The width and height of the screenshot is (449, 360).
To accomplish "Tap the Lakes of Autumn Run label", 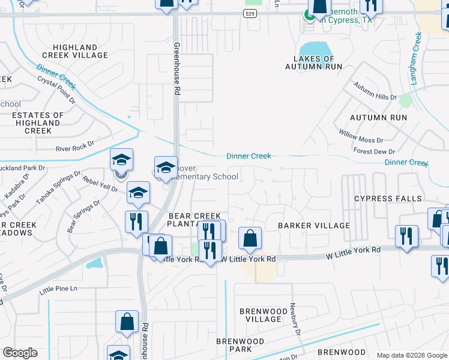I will point(313,62).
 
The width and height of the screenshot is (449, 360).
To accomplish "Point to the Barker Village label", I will point(313,226).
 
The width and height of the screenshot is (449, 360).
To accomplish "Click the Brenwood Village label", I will point(260,315).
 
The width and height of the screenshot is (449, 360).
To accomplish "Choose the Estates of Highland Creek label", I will point(38,122).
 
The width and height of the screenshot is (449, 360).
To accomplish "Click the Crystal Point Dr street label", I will point(56,89).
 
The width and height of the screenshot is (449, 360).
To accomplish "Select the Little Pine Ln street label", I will point(58,289).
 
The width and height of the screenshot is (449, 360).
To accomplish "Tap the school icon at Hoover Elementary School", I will point(166,168).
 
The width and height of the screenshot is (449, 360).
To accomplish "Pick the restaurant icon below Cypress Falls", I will point(407,236).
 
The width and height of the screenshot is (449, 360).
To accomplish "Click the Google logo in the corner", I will point(20,353).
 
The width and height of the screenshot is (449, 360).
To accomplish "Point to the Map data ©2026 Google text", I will point(411,355).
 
